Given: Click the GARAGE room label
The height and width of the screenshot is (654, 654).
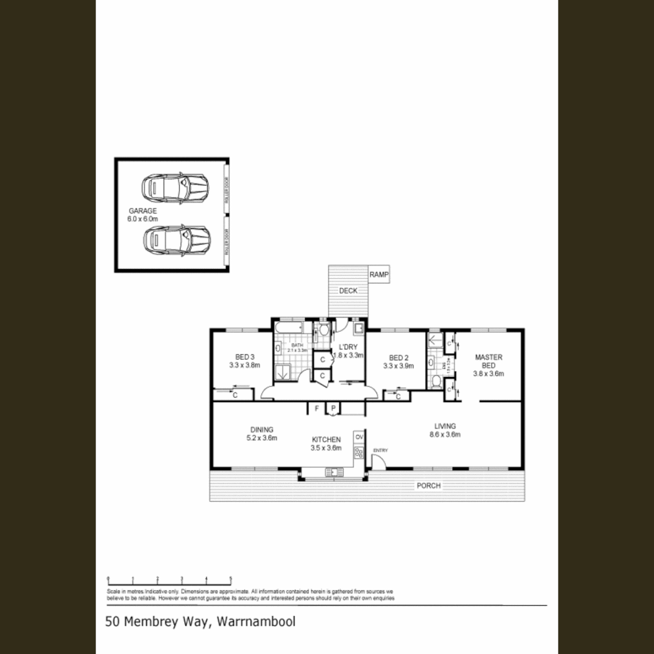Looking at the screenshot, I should pyautogui.click(x=142, y=211).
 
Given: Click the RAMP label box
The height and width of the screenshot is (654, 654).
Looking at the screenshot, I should pyautogui.click(x=379, y=275).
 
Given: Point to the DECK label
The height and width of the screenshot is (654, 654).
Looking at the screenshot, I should pyautogui.click(x=348, y=291).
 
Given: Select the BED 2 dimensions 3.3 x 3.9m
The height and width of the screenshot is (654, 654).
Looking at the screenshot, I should pyautogui.click(x=398, y=366).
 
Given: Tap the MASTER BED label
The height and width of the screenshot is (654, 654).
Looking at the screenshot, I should pyautogui.click(x=489, y=362).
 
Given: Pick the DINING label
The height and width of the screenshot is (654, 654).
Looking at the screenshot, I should pyautogui.click(x=262, y=429).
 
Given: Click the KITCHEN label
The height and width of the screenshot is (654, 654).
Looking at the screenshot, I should pyautogui.click(x=326, y=440).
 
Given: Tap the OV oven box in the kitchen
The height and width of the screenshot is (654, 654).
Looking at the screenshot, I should pyautogui.click(x=359, y=437).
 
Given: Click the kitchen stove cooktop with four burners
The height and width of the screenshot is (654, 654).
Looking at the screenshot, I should pyautogui.click(x=359, y=452).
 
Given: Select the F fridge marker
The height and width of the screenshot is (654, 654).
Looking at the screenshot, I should pyautogui.click(x=316, y=409).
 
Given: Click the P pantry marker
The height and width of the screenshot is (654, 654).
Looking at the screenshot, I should pyautogui.click(x=332, y=409).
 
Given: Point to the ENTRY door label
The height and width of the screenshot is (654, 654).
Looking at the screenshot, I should pyautogui.click(x=380, y=450).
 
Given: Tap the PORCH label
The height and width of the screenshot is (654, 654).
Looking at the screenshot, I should pyautogui.click(x=428, y=486).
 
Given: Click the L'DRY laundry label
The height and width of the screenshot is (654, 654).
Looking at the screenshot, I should pyautogui.click(x=348, y=347).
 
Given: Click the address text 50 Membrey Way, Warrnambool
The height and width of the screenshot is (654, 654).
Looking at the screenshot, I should pyautogui.click(x=200, y=621).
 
